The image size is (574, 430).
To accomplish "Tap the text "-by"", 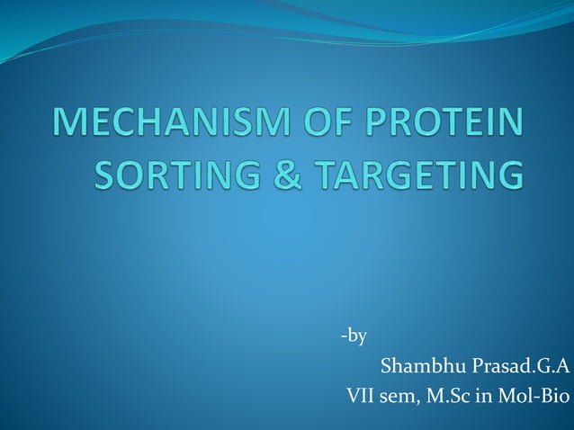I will pyautogui.click(x=354, y=337).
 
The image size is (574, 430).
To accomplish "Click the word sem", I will pyautogui.click(x=400, y=394).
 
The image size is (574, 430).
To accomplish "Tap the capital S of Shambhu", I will pyautogui.click(x=388, y=366).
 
